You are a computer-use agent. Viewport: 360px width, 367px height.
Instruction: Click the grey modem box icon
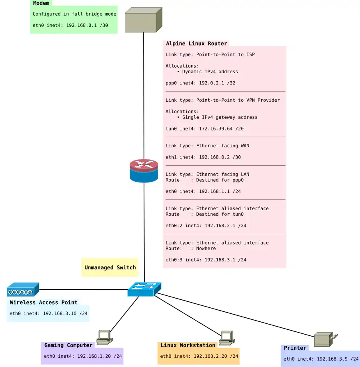pyautogui.click(x=143, y=20)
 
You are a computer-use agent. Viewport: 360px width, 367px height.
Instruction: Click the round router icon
pyautogui.click(x=144, y=171)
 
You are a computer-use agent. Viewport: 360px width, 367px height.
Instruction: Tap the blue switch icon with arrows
pyautogui.click(x=144, y=289)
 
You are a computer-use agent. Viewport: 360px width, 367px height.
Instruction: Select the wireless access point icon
pyautogui.click(x=23, y=289)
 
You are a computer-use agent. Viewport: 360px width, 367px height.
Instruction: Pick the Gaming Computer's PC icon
pyautogui.click(x=105, y=337)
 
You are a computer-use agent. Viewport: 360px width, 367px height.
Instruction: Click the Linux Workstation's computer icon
pyautogui.click(x=226, y=338)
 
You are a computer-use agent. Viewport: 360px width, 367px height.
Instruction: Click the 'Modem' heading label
pyautogui.click(x=41, y=3)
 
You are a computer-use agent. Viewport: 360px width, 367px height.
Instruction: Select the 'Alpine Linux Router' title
pyautogui.click(x=196, y=43)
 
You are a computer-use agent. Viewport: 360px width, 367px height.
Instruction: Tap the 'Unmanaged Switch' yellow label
pyautogui.click(x=110, y=267)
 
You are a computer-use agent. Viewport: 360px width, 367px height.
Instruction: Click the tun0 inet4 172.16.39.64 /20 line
pyautogui.click(x=204, y=128)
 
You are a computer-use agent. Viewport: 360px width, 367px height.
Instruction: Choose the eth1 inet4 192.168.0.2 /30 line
pyautogui.click(x=203, y=157)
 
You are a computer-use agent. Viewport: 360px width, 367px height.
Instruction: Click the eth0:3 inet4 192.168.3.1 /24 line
pyautogui.click(x=206, y=260)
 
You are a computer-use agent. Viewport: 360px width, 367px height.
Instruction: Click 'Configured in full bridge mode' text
pyautogui.click(x=74, y=14)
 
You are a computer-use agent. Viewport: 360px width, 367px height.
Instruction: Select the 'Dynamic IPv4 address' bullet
pyautogui.click(x=210, y=72)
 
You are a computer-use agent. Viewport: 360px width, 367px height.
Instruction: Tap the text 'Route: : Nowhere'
pyautogui.click(x=191, y=248)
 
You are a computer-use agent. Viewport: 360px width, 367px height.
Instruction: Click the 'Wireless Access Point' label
pyautogui.click(x=44, y=303)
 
